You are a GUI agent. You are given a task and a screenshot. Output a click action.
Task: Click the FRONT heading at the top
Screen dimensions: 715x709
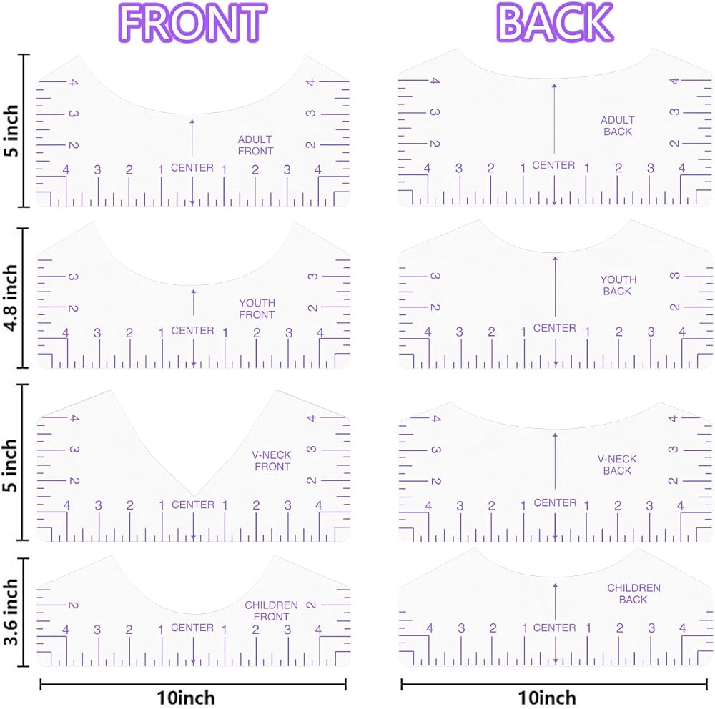click(192, 23)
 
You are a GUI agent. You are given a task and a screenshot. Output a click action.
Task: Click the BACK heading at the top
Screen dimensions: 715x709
click(555, 22)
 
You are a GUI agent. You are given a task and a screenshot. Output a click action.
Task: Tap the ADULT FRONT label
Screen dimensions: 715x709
click(255, 145)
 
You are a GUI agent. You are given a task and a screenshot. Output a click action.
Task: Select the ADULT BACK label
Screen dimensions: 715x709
click(618, 126)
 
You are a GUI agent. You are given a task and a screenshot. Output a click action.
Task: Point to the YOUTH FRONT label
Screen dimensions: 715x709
click(257, 309)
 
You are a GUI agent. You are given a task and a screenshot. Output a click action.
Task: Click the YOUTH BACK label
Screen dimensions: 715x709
click(618, 285)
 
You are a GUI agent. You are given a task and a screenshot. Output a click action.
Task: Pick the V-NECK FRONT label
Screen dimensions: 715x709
click(272, 461)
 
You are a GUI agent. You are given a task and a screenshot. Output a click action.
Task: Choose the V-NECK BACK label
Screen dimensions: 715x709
click(617, 465)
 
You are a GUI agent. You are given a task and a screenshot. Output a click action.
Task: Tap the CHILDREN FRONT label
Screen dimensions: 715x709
click(271, 611)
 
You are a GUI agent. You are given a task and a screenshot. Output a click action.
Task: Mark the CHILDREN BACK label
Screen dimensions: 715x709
click(633, 594)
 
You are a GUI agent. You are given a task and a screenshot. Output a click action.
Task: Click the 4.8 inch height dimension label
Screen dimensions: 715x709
click(11, 298)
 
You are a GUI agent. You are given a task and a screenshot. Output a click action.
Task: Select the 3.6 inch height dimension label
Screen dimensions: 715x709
click(11, 613)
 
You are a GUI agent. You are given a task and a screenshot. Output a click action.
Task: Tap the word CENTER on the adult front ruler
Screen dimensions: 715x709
click(192, 168)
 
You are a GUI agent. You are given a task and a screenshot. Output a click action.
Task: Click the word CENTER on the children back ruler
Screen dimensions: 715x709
click(555, 628)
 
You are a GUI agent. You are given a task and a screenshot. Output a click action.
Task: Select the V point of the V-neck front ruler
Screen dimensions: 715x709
click(193, 497)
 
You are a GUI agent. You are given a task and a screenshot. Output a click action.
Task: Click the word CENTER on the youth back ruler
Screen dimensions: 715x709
click(555, 328)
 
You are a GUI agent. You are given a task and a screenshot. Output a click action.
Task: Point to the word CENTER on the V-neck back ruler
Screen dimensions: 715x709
click(555, 502)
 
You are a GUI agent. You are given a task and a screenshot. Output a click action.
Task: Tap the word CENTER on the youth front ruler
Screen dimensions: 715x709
click(192, 331)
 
